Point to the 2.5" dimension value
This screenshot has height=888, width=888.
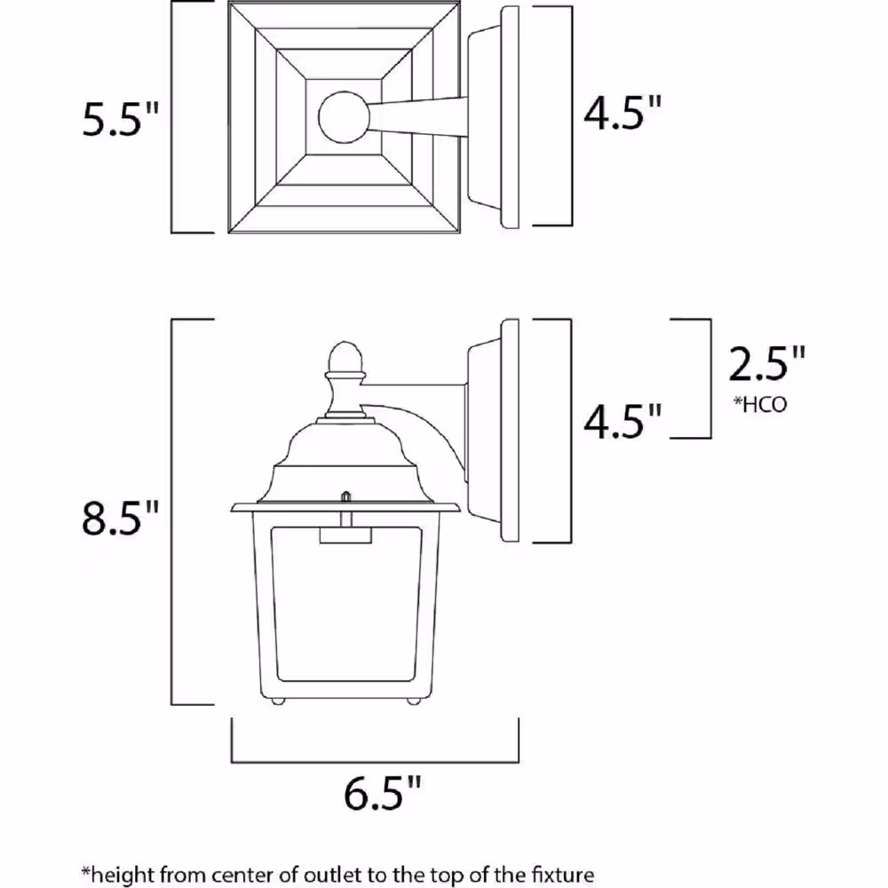767,365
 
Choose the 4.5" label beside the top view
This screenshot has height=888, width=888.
622,114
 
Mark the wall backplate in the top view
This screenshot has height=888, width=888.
510,118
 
